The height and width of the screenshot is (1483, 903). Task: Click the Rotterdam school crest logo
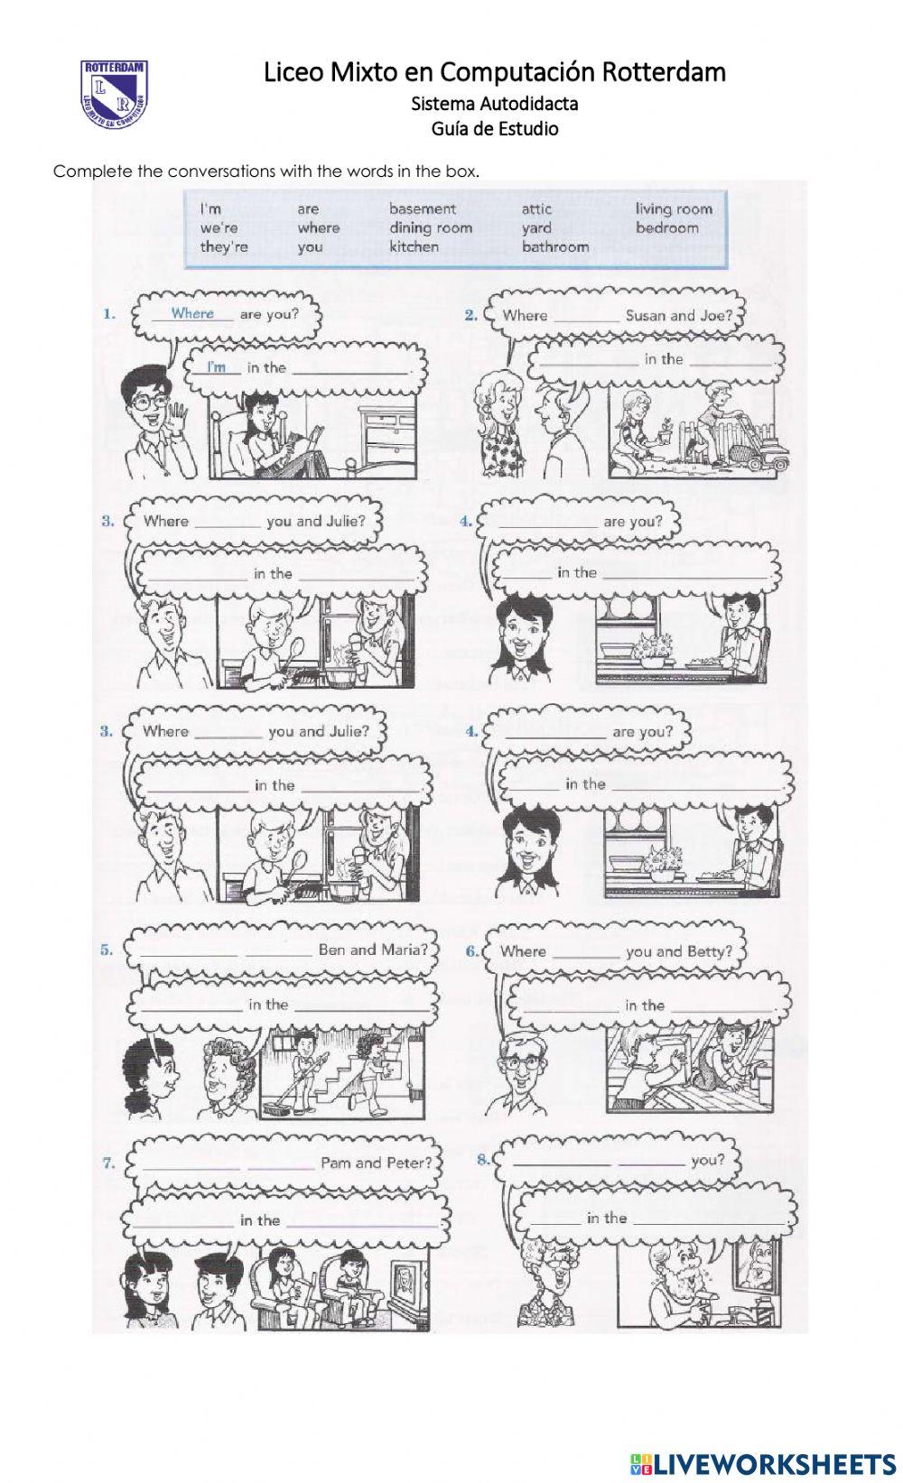[x=115, y=93]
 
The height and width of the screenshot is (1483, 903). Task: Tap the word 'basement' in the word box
[x=422, y=209]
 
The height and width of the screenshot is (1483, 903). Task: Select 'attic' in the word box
[x=535, y=209]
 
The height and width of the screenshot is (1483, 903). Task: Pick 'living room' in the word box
[x=673, y=209]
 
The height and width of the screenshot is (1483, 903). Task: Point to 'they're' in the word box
[x=223, y=246]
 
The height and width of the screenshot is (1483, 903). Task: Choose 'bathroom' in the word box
[x=554, y=246]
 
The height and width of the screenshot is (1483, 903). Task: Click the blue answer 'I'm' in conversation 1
[x=216, y=366]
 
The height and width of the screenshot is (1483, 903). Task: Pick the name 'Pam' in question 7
[x=336, y=1163]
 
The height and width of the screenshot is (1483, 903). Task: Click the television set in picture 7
[x=405, y=1283]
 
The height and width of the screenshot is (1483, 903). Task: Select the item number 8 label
[x=484, y=1159]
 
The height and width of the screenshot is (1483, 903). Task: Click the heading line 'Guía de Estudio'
[x=494, y=128]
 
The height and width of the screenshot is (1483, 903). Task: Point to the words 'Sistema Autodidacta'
[x=494, y=103]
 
